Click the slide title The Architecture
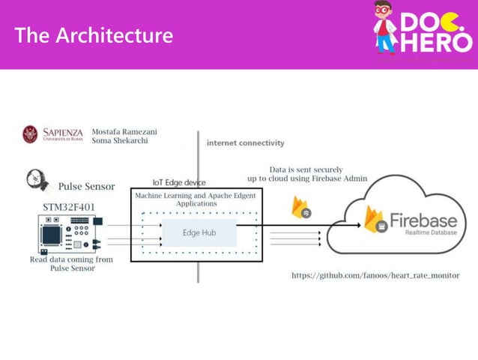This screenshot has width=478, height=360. pos(94,35)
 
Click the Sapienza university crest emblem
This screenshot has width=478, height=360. pos(31,134)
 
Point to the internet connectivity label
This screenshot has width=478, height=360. pos(245,142)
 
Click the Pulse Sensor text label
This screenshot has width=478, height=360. pos(85,185)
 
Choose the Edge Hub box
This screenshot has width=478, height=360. pos(199,232)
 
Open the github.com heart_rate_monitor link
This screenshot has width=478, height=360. pos(375,275)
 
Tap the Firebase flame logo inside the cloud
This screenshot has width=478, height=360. pos(375,220)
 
